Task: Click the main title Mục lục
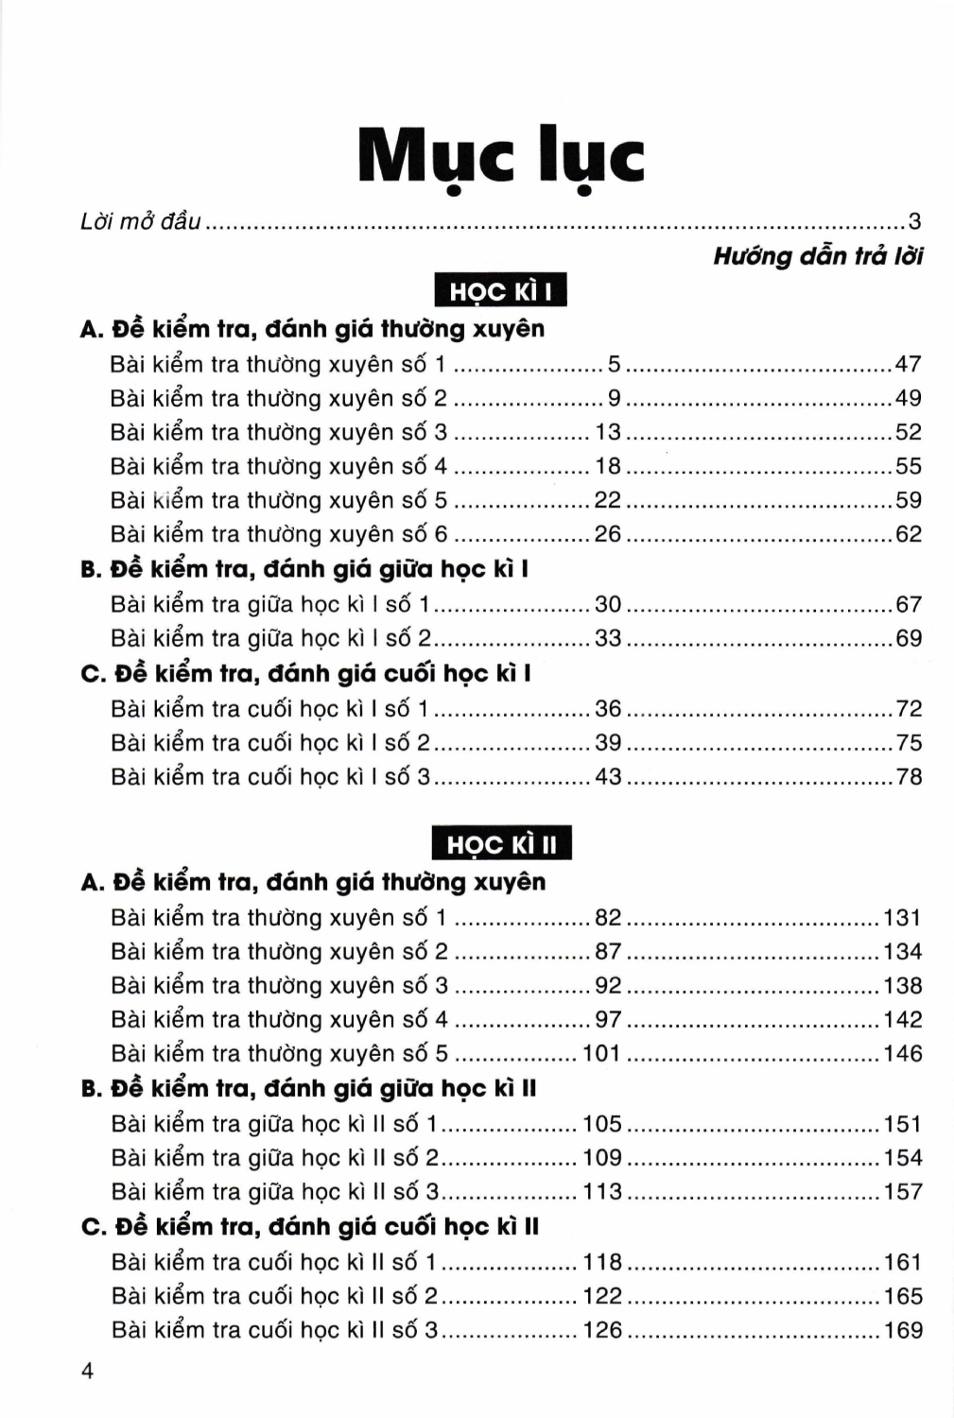pos(501,158)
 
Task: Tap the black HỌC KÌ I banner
pos(500,291)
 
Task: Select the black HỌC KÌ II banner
pos(501,844)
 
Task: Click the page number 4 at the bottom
pos(88,1371)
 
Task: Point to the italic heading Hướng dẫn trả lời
pos(818,256)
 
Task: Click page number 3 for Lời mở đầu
pos(914,222)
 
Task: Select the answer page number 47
pos(908,364)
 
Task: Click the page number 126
pos(602,1330)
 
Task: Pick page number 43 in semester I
pos(608,776)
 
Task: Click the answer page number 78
pos(909,776)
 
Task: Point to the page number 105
pos(602,1123)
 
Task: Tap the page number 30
pos(608,604)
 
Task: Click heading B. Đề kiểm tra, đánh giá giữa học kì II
pos(309,1088)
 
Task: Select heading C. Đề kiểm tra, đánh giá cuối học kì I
pos(306,673)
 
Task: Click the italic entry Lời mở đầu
pos(141,222)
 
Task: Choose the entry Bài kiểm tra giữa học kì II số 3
pos(275,1191)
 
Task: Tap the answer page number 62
pos(908,534)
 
